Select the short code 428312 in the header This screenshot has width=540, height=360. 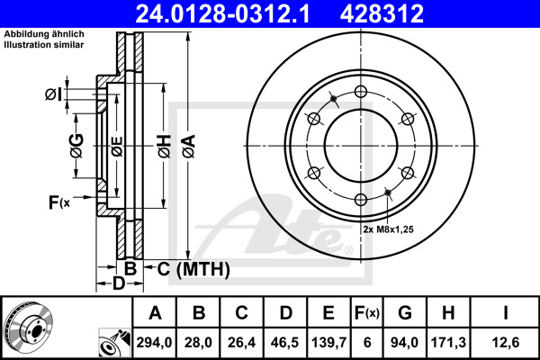pyautogui.click(x=391, y=13)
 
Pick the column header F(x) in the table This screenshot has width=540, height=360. pyautogui.click(x=367, y=313)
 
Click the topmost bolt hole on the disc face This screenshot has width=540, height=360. pyautogui.click(x=360, y=91)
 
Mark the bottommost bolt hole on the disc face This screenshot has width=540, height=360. pyautogui.click(x=360, y=200)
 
